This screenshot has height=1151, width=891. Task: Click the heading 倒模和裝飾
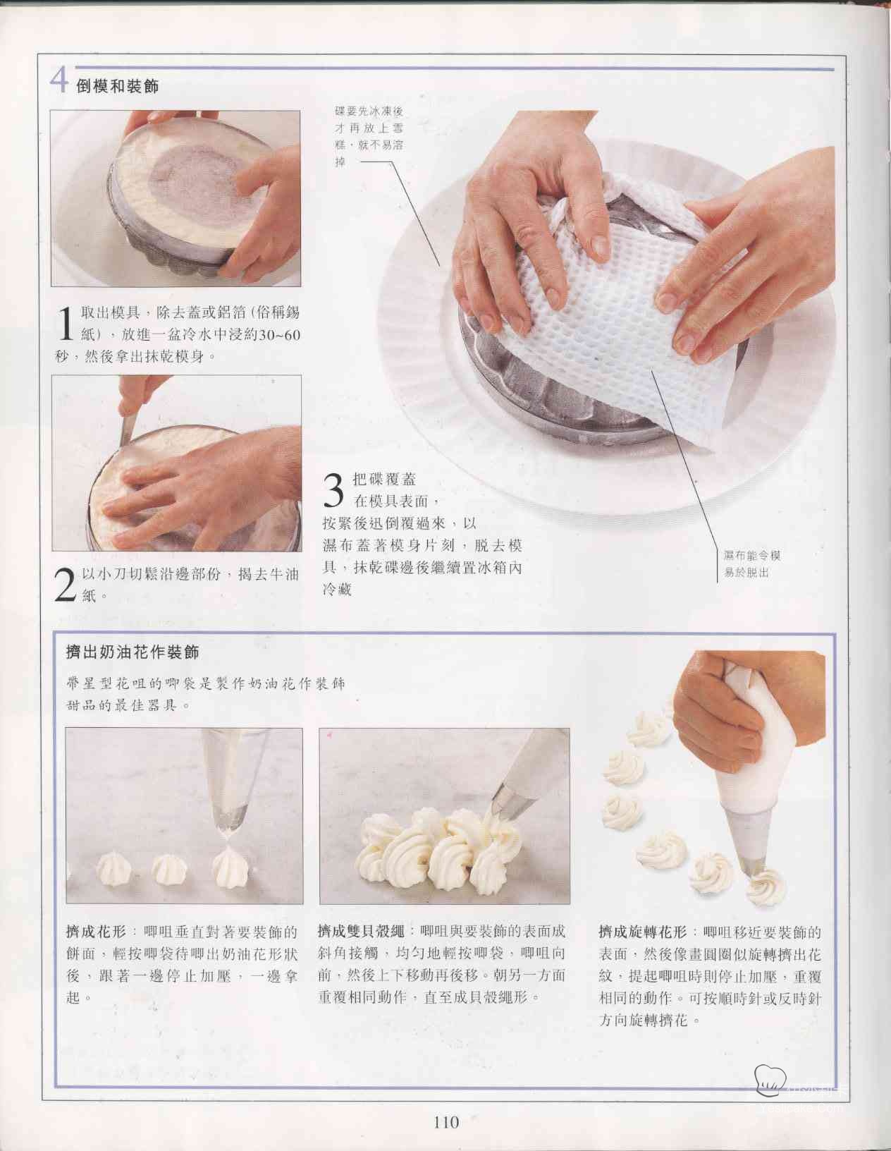[117, 86]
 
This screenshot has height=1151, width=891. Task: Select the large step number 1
[65, 324]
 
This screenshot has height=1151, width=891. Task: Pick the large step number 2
[66, 585]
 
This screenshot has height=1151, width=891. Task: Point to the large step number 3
[333, 491]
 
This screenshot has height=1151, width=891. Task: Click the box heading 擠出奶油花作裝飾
[133, 652]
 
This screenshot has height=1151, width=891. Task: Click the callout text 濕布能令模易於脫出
[752, 564]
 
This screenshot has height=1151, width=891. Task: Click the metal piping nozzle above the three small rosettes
[231, 818]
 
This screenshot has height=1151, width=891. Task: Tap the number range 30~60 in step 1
[280, 335]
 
